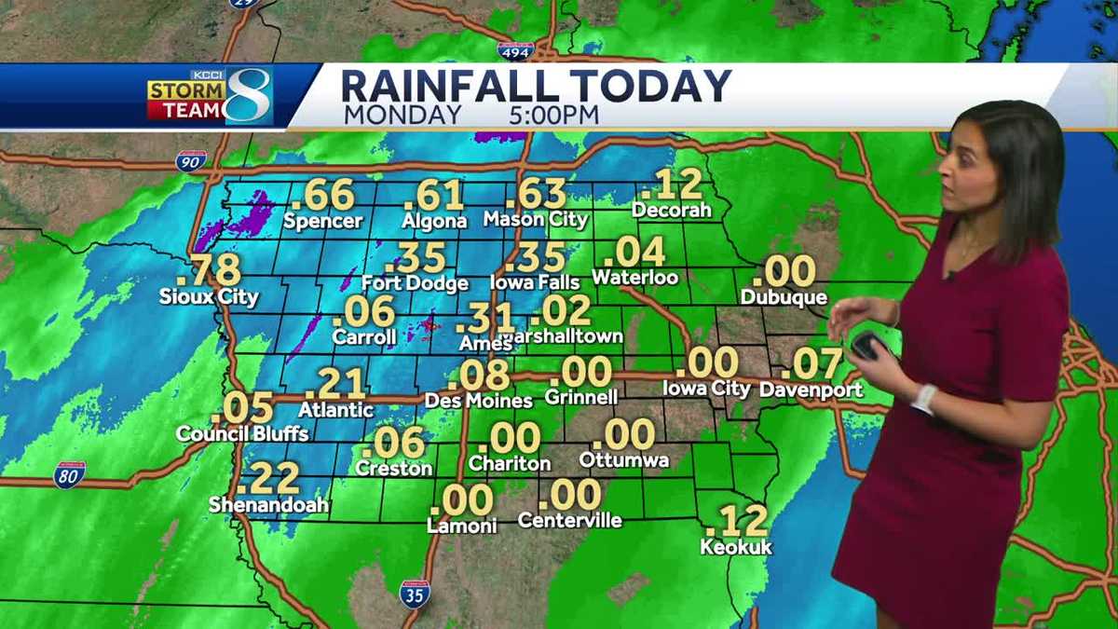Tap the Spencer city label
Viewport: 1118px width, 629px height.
click(322, 221)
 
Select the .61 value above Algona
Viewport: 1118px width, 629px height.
click(434, 196)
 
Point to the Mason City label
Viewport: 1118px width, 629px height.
click(536, 220)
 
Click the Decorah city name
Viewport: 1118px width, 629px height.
click(671, 211)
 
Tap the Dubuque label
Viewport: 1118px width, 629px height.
click(784, 297)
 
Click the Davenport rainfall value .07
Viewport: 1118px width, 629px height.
click(811, 364)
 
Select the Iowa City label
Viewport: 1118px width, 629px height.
click(705, 388)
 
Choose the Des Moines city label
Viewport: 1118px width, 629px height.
click(478, 400)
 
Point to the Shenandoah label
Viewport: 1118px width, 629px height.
click(268, 505)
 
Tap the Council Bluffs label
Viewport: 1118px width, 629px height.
click(242, 433)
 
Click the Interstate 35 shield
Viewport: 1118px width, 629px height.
click(415, 593)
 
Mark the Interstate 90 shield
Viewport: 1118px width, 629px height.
click(190, 160)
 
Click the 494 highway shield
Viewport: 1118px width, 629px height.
click(515, 49)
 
